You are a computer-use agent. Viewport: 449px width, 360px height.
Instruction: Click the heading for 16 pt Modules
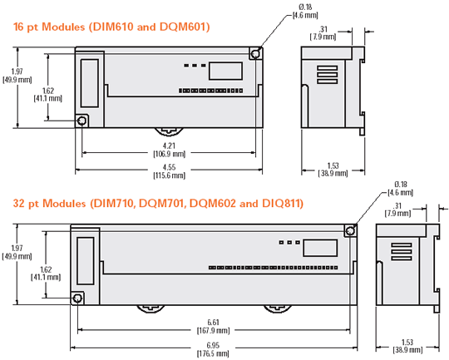112,27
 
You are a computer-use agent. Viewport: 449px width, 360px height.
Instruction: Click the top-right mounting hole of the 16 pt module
256,53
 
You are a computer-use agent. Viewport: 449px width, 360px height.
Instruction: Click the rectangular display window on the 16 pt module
220,68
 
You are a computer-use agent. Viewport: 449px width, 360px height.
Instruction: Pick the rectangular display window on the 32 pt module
315,247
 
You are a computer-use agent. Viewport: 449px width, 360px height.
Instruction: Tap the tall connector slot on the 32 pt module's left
85,260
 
